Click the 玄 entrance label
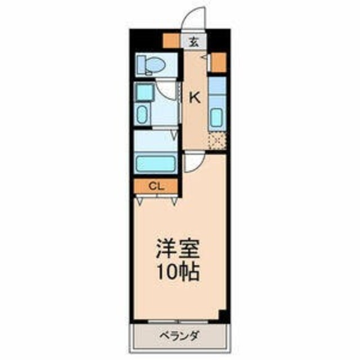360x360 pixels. coord(194,40)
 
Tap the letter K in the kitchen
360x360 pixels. coord(194,97)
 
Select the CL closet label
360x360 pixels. coord(156,186)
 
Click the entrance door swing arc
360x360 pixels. coord(195,20)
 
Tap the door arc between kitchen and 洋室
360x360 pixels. coord(191,161)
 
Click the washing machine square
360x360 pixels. coord(143,91)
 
